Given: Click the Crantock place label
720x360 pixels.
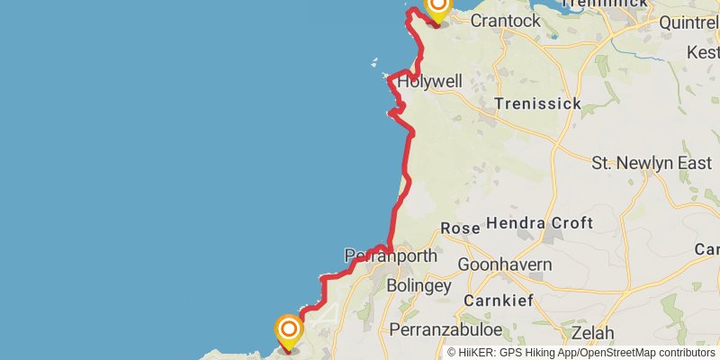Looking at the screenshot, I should click(x=505, y=20).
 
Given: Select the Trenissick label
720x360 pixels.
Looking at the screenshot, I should click(x=538, y=104).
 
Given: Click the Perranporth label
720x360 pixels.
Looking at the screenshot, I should click(x=391, y=256).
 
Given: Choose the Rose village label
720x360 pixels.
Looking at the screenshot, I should click(x=461, y=229).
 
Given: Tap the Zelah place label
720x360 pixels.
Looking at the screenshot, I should click(x=592, y=333).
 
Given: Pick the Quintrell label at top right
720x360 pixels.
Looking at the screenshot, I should click(x=688, y=22).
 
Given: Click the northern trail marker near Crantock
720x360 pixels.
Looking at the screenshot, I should click(x=438, y=9).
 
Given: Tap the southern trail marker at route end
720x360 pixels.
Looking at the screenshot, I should click(x=289, y=330).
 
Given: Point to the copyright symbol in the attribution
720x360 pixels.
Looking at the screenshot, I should click(x=452, y=353).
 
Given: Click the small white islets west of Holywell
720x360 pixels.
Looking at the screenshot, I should click(x=375, y=63).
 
